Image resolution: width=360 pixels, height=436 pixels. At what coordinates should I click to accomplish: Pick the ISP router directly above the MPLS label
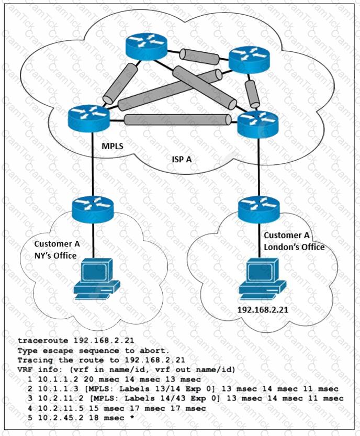(88, 118)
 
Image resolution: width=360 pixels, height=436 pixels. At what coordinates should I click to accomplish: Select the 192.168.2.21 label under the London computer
(263, 310)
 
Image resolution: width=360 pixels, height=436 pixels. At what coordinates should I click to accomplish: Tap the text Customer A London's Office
(294, 242)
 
